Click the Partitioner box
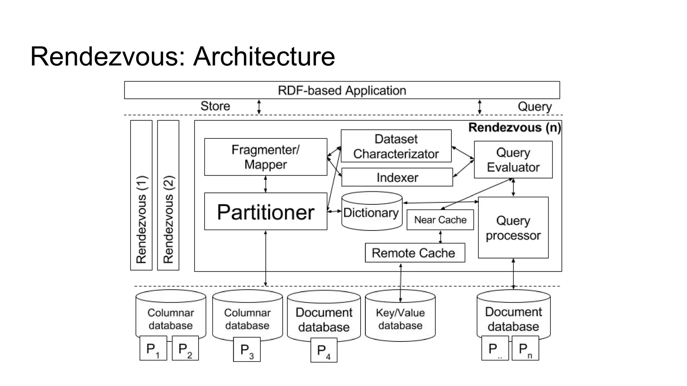click(x=265, y=211)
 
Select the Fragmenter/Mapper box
click(x=265, y=157)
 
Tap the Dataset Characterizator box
click(x=396, y=146)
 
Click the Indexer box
click(x=397, y=177)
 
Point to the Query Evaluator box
click(x=513, y=159)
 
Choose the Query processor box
click(x=513, y=228)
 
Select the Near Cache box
click(x=440, y=220)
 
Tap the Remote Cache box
click(x=415, y=253)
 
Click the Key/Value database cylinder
click(x=400, y=318)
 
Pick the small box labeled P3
click(x=247, y=349)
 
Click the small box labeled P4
click(x=323, y=350)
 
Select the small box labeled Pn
click(x=525, y=349)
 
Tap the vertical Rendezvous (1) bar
click(x=141, y=195)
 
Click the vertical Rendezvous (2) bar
click(x=168, y=195)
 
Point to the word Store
click(x=215, y=106)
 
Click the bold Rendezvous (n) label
click(x=514, y=128)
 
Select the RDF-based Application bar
click(x=341, y=90)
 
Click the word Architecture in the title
click(x=264, y=56)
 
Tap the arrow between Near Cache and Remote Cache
click(x=440, y=237)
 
